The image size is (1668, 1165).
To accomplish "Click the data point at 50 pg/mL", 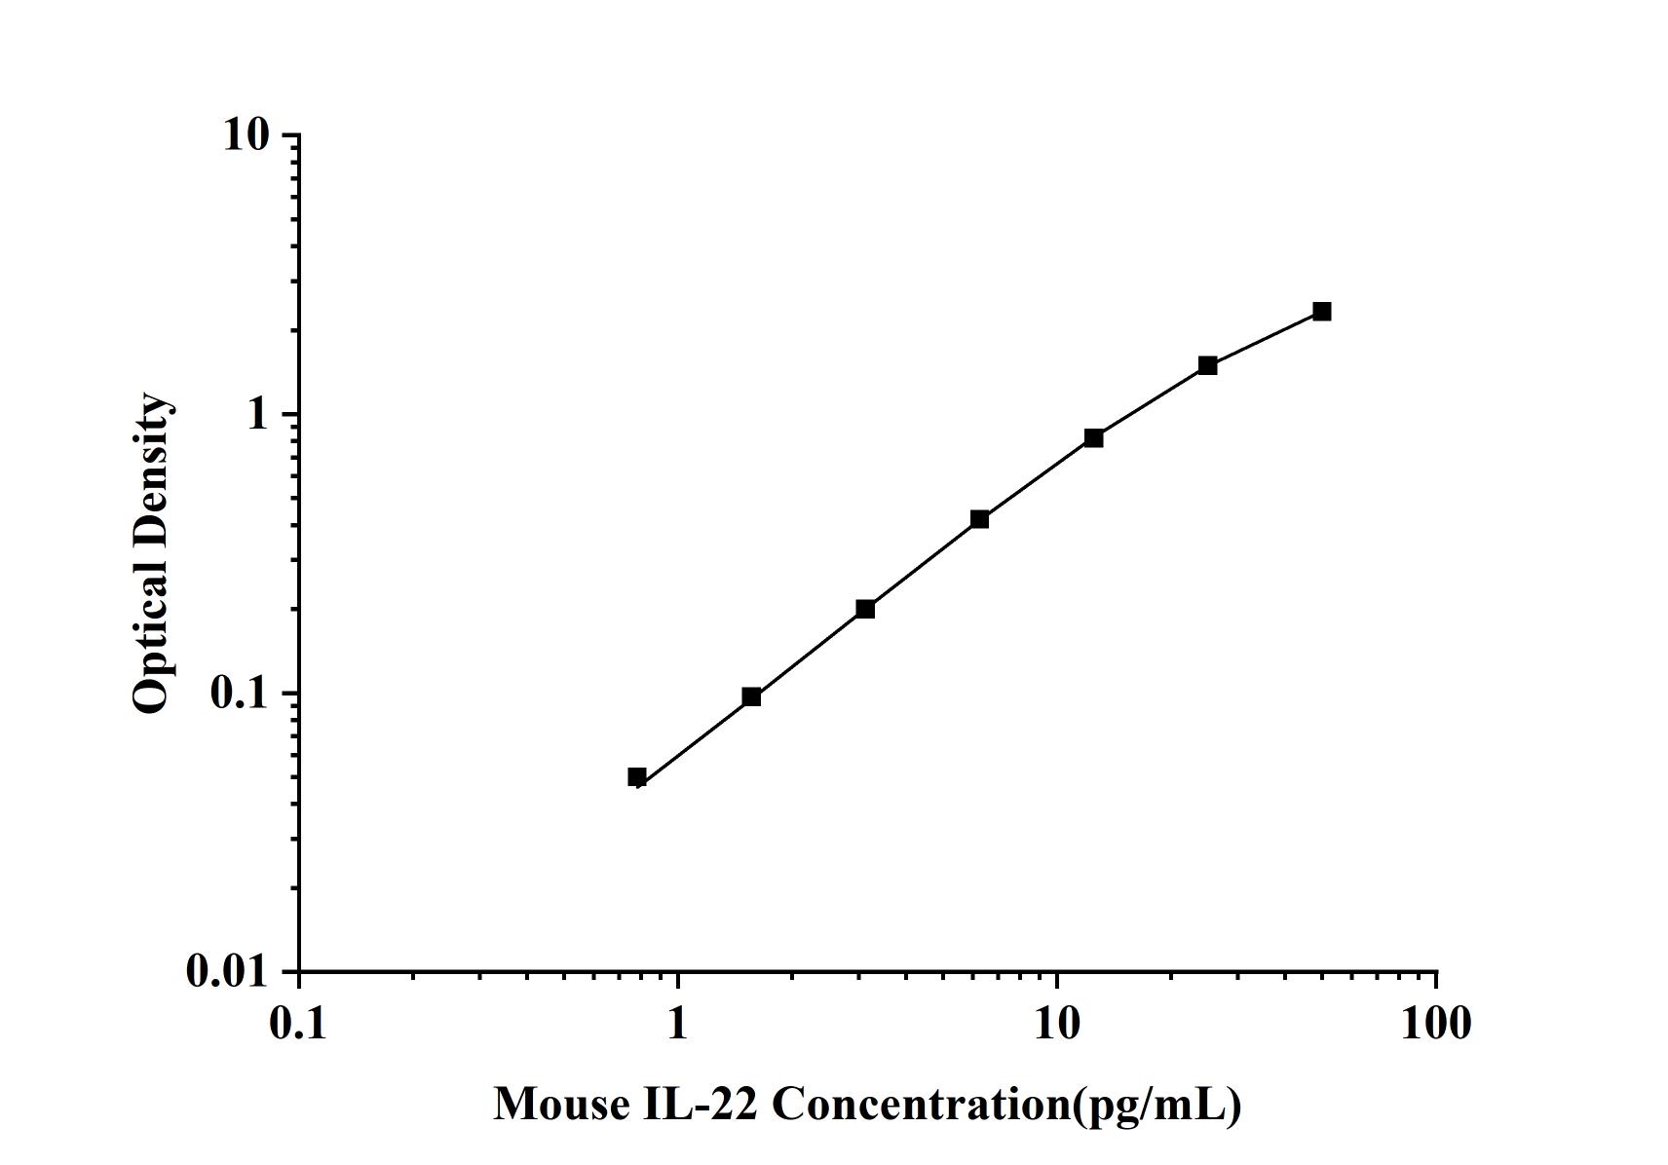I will [1321, 312].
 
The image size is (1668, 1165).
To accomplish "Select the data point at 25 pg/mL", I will [1207, 365].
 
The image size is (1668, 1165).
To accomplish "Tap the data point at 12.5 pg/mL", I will [1093, 438].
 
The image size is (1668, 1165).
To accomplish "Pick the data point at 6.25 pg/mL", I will [979, 519].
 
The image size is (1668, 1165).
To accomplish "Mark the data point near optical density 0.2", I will [865, 609].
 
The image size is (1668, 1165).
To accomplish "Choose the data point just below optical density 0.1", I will [751, 696].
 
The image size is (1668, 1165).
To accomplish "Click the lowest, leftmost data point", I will [637, 776].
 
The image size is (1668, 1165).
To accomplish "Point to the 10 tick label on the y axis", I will [246, 134].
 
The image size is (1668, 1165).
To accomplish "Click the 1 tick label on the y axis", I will [257, 414].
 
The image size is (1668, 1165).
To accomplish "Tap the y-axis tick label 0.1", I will [239, 694].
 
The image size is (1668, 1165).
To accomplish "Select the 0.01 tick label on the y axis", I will [227, 972].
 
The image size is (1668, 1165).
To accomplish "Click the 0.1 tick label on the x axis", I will [299, 1024].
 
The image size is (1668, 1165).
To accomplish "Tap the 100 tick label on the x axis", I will [1436, 1024].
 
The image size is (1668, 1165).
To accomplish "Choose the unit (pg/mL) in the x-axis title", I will [1156, 1104].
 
